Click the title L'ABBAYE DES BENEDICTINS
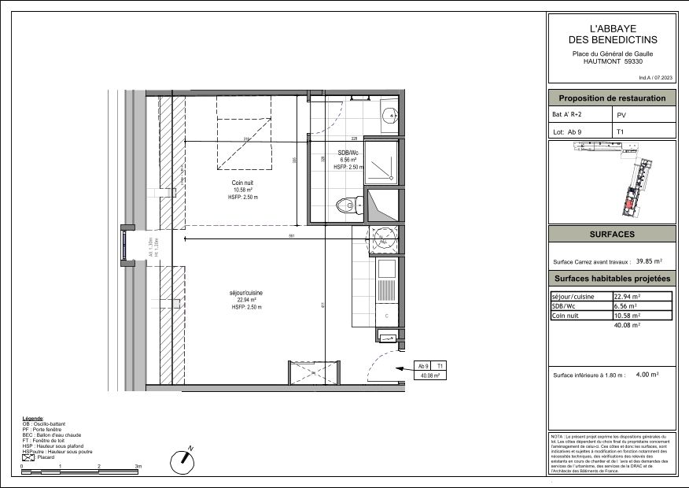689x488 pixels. (x=612, y=33)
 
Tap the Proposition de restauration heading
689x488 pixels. (x=612, y=98)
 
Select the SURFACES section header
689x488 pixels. (x=612, y=235)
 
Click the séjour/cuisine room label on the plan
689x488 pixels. (x=246, y=292)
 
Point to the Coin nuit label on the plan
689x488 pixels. (x=242, y=183)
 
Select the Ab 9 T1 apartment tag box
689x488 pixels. (x=431, y=371)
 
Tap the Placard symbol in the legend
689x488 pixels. (x=28, y=457)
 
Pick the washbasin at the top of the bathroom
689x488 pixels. (x=388, y=115)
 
